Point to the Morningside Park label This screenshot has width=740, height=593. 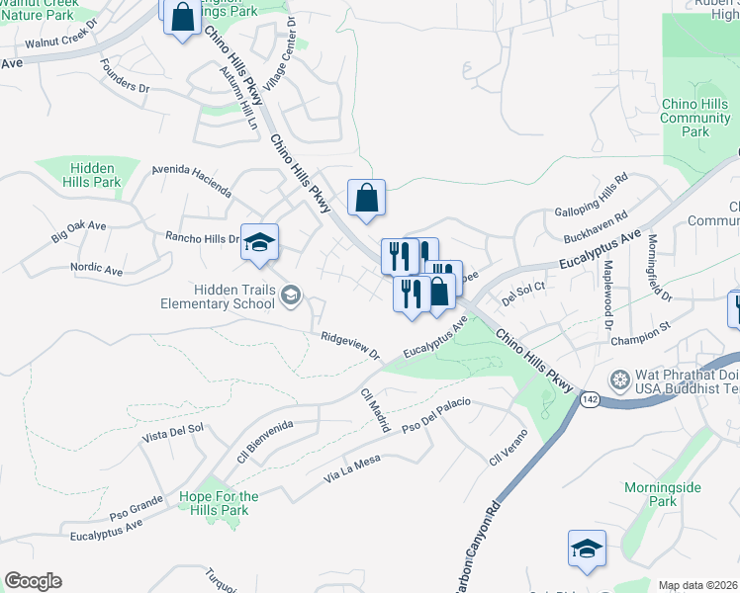663,495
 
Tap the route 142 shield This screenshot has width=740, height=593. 590,398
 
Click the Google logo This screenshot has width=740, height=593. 33,581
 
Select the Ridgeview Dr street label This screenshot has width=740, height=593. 350,344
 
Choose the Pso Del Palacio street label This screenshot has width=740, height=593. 436,416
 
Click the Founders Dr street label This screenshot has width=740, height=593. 125,80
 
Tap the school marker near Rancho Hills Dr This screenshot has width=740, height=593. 259,243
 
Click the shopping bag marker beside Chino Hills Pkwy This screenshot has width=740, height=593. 366,199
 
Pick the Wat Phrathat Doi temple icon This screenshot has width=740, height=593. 619,380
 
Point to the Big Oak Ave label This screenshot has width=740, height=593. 78,232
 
